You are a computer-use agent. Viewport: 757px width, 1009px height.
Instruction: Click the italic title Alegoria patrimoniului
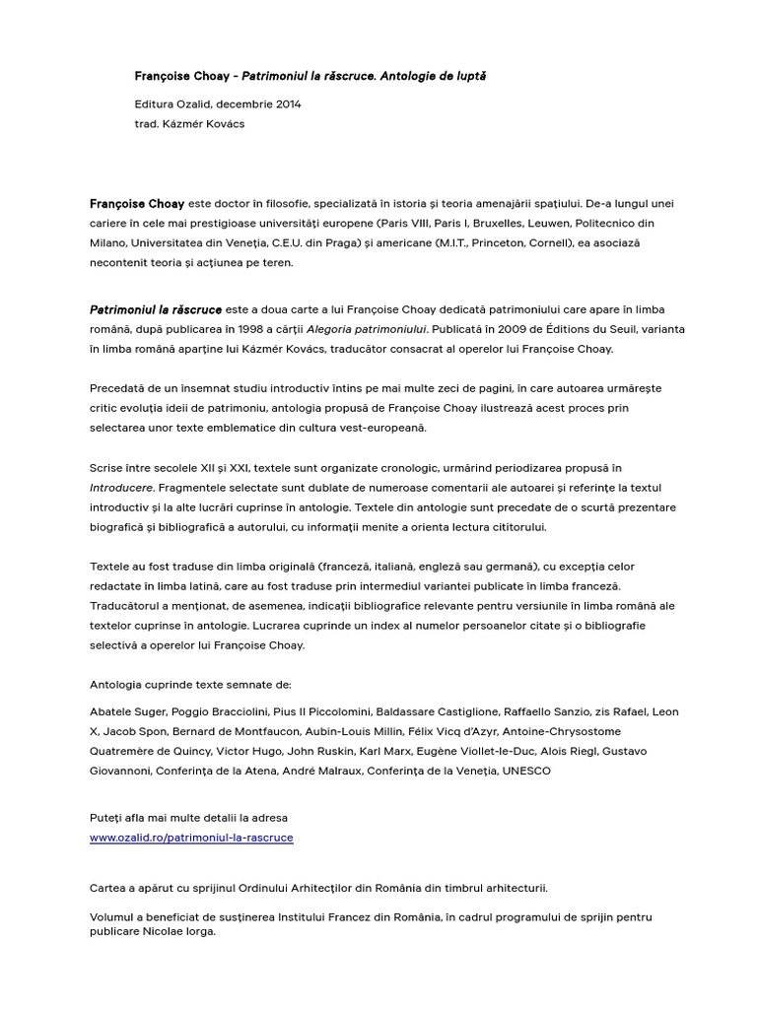pos(368,329)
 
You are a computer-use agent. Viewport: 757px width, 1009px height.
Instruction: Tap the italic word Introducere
pos(121,487)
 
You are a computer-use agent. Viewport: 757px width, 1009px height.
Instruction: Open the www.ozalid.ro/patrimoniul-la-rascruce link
pos(191,838)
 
